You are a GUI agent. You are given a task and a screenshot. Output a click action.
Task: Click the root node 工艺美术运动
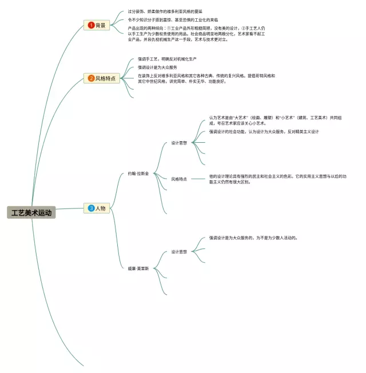click(31, 212)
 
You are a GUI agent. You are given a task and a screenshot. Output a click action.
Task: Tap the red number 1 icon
click(91, 25)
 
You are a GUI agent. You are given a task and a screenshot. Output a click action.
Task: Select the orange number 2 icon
click(91, 78)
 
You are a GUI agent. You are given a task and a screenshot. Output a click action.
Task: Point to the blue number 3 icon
click(91, 208)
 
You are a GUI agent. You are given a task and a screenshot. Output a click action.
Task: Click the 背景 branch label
click(101, 25)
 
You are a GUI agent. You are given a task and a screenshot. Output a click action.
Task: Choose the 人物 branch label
click(101, 208)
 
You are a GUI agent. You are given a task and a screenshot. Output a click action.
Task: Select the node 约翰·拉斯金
click(138, 173)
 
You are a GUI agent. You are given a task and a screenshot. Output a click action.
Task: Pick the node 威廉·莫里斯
click(138, 268)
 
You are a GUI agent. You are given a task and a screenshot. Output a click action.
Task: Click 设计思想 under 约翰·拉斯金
click(179, 143)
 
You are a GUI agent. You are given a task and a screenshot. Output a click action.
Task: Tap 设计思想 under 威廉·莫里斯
click(179, 251)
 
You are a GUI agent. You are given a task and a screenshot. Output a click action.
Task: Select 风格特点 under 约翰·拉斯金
click(179, 179)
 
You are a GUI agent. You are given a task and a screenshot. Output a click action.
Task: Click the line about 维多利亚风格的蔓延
click(165, 11)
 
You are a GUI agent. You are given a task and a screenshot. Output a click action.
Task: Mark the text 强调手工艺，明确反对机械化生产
click(167, 59)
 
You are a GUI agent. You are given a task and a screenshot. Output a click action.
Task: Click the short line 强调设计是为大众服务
click(157, 67)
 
